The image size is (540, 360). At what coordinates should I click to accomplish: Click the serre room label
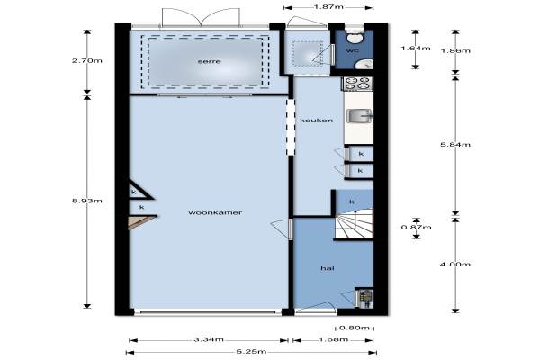pyautogui.click(x=210, y=62)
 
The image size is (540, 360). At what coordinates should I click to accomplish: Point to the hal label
pyautogui.click(x=328, y=268)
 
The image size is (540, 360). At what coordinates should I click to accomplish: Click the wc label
pyautogui.click(x=352, y=51)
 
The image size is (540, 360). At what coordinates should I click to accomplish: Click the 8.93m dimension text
pyautogui.click(x=87, y=201)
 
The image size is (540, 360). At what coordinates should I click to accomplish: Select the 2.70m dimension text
pyautogui.click(x=87, y=60)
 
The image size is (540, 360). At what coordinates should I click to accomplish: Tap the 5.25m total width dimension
pyautogui.click(x=251, y=352)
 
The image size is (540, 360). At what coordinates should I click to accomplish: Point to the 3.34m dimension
pyautogui.click(x=209, y=339)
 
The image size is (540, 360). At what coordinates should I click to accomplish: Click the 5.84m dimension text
pyautogui.click(x=455, y=144)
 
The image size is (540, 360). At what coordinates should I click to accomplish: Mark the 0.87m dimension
pyautogui.click(x=417, y=227)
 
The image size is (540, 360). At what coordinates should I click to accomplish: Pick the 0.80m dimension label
pyautogui.click(x=355, y=328)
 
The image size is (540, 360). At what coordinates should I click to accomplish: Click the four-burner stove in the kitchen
pyautogui.click(x=357, y=84)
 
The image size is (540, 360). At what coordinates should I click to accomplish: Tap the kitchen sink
pyautogui.click(x=359, y=116)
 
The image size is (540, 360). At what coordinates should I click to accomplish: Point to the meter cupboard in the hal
pyautogui.click(x=364, y=297)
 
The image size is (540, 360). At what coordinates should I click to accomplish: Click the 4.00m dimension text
pyautogui.click(x=455, y=265)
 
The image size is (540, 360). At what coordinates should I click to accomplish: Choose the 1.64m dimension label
pyautogui.click(x=416, y=49)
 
